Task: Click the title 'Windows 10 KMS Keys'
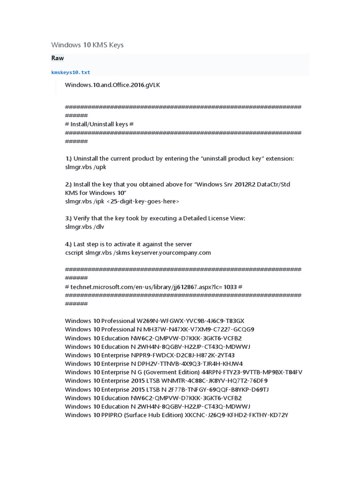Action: click(x=87, y=45)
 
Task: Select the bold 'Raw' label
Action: click(x=58, y=59)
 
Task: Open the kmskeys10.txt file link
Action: click(x=70, y=73)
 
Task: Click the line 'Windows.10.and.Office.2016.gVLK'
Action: click(x=113, y=84)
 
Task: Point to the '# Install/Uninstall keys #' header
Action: click(x=99, y=124)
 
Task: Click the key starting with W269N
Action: click(x=190, y=321)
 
